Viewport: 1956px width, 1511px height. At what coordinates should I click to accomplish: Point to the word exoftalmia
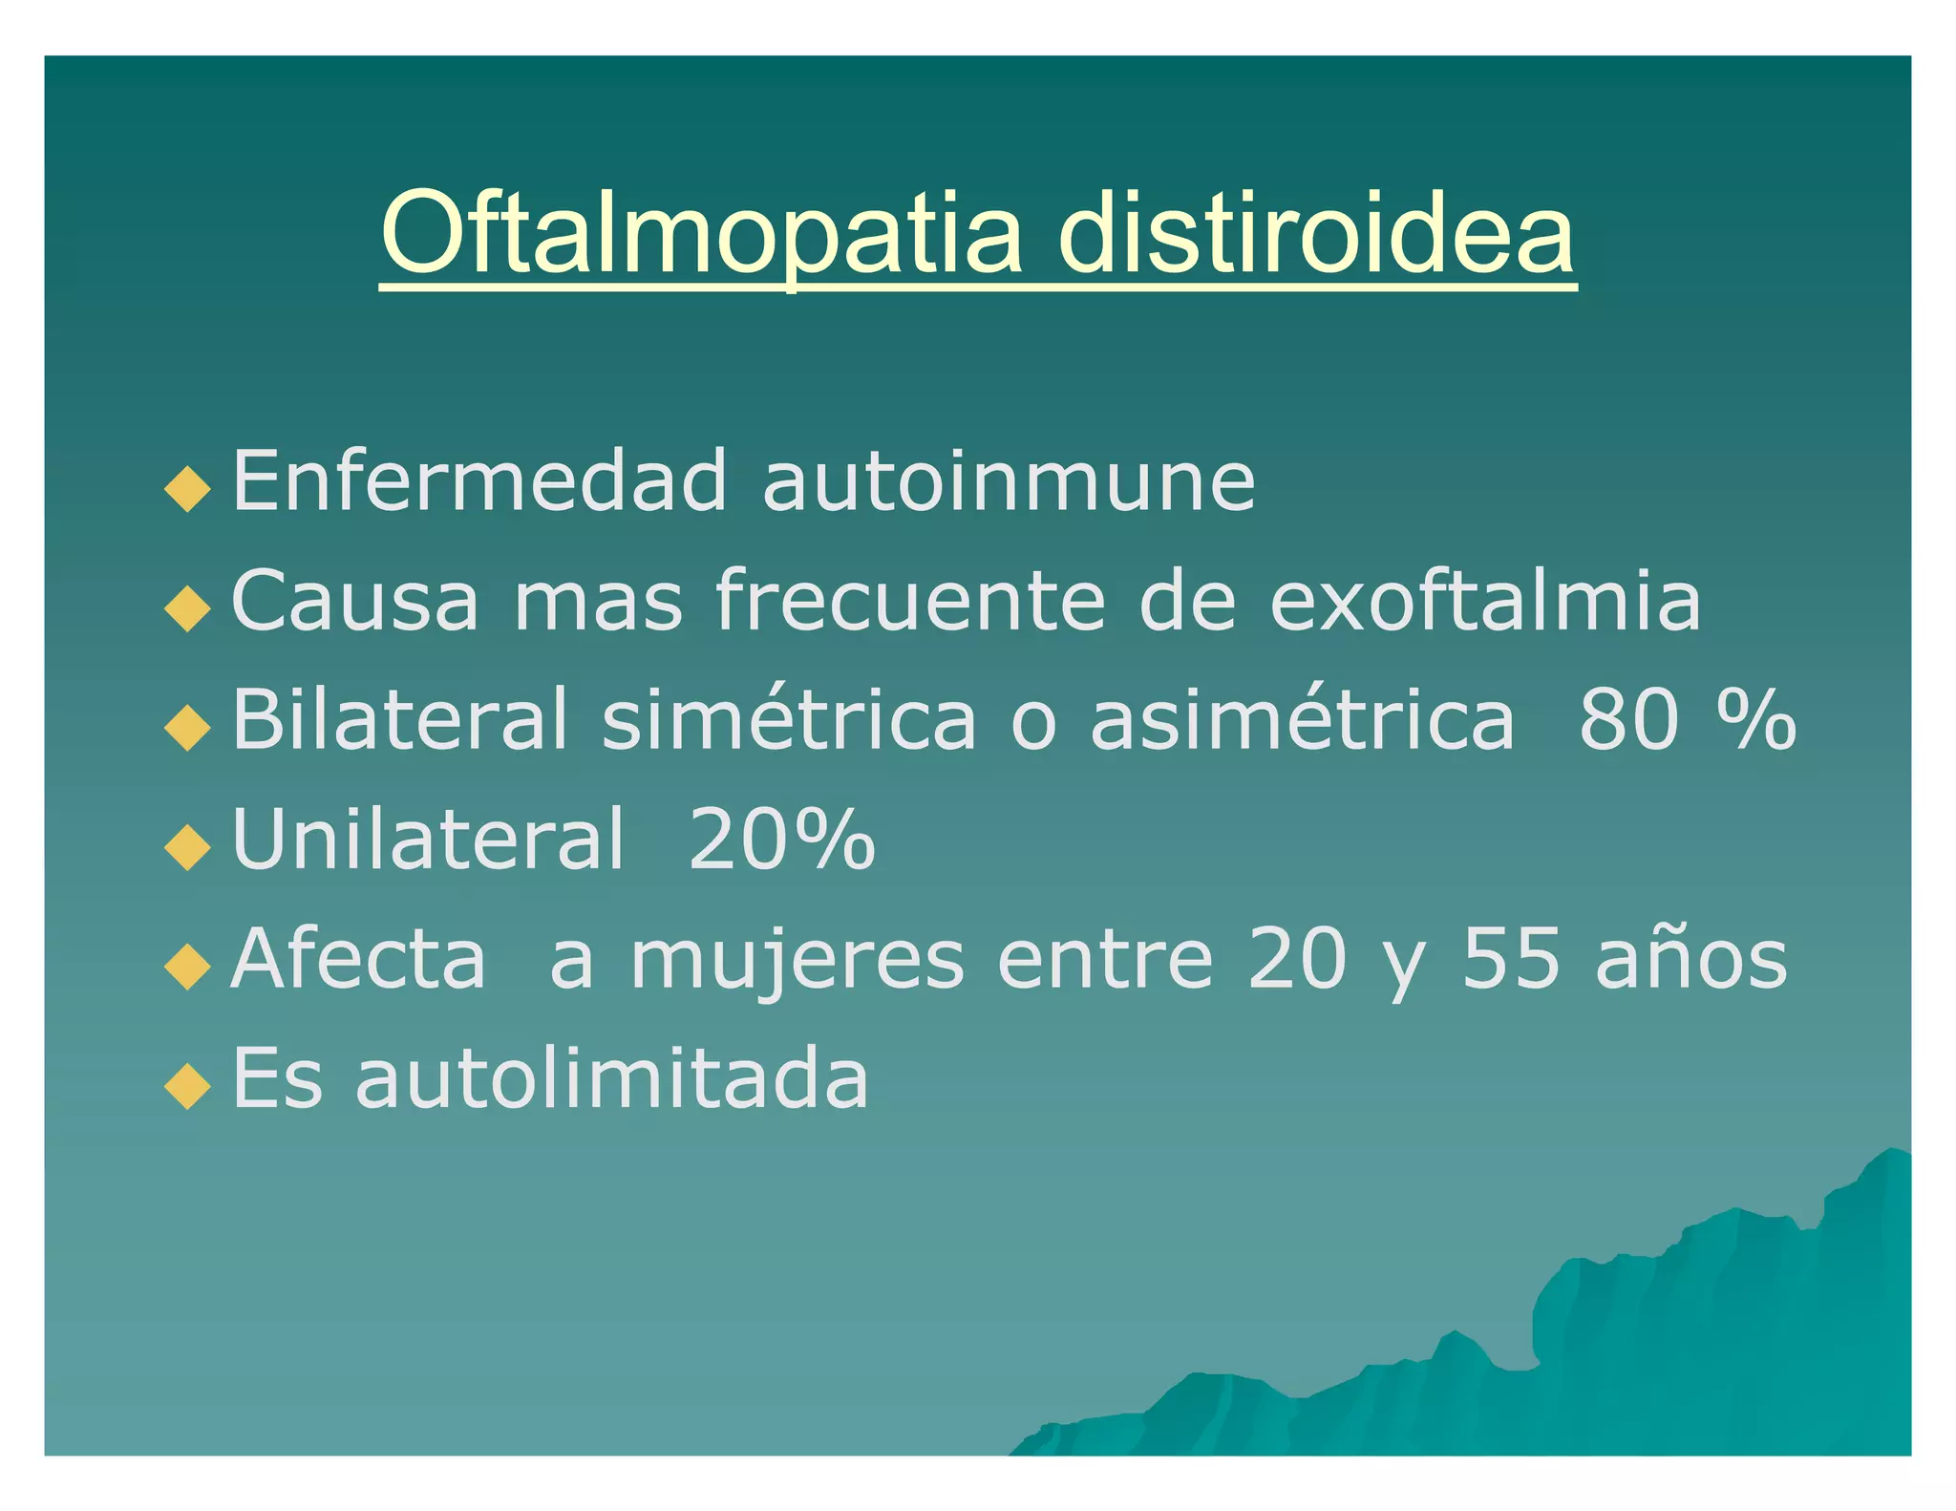tap(1485, 602)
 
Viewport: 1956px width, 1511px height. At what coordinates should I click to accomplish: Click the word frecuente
tap(911, 602)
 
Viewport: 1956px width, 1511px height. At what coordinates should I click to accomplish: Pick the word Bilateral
tap(400, 720)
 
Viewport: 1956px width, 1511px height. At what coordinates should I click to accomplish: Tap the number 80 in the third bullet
tap(1628, 720)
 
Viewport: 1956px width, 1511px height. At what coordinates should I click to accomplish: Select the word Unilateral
tap(427, 840)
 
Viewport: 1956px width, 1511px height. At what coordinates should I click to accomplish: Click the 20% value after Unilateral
tap(781, 840)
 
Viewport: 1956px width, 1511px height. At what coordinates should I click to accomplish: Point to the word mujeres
tap(797, 960)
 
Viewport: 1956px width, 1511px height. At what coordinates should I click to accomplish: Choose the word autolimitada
tap(611, 1079)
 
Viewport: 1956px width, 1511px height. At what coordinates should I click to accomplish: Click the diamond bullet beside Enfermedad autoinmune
tap(187, 488)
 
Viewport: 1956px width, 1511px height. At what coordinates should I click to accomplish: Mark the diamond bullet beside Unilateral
tap(187, 847)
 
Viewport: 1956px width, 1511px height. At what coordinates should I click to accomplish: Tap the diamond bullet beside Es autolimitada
tap(187, 1086)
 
